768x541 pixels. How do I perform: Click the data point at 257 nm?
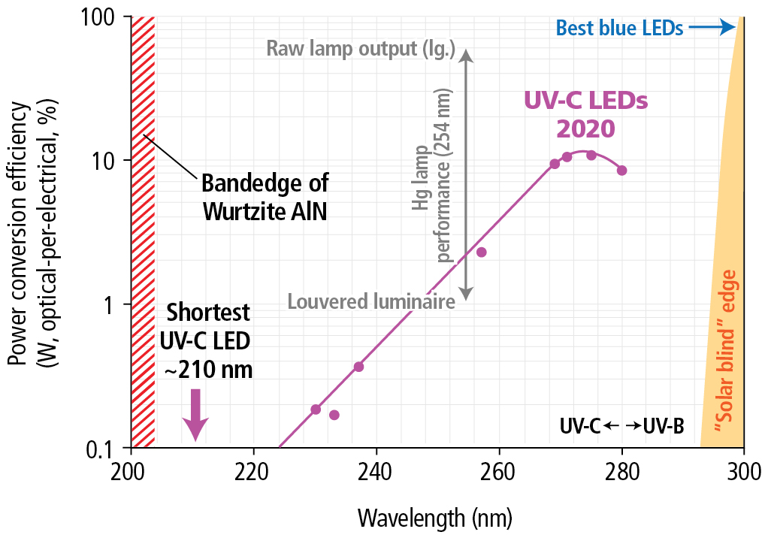tap(482, 252)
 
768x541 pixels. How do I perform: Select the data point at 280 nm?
tap(621, 171)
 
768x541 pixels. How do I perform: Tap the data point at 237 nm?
tap(358, 367)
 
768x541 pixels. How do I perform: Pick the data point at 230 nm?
tap(316, 410)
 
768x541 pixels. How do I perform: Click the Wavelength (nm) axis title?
tap(435, 518)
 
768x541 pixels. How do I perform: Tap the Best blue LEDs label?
tap(619, 29)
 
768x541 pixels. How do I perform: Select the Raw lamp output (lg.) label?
tap(361, 50)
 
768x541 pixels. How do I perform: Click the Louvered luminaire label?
tap(371, 302)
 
